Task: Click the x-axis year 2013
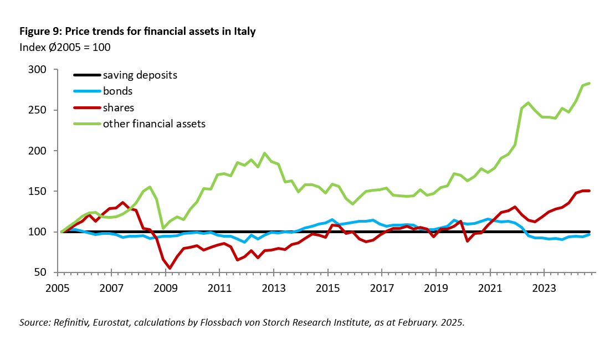(273, 289)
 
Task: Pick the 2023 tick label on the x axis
(544, 289)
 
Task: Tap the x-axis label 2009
(165, 289)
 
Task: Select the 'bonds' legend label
(117, 91)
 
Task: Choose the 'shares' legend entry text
(119, 107)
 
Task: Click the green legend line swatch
(86, 124)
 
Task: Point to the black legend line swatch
(86, 75)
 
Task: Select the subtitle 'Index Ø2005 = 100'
(65, 47)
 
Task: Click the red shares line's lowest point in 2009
(170, 269)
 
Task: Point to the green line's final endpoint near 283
(590, 83)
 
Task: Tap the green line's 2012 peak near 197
(265, 153)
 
